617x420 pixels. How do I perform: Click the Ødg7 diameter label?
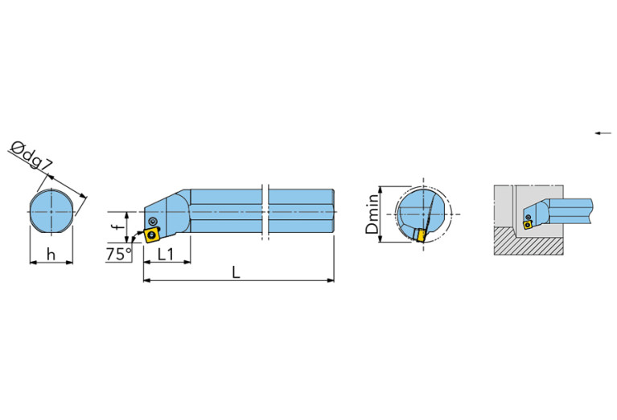tap(33, 157)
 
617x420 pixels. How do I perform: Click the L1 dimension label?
tap(167, 254)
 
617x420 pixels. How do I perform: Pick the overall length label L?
tap(236, 272)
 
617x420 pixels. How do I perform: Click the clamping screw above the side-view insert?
tap(153, 221)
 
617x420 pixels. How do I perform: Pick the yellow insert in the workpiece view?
tap(528, 225)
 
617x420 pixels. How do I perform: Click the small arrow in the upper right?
tap(602, 133)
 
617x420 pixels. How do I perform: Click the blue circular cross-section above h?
tap(51, 211)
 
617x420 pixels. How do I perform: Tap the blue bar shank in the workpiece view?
tap(571, 211)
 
